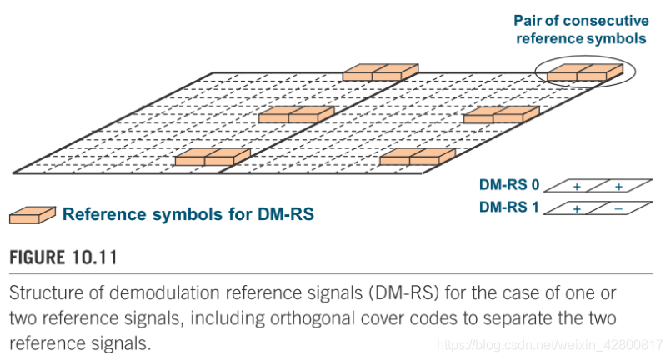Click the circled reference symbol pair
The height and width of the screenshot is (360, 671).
(x=584, y=72)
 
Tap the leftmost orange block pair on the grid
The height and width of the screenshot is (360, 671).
(x=213, y=157)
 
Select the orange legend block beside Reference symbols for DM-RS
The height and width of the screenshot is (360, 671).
(x=32, y=215)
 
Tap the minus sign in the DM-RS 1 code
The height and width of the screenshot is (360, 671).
(x=618, y=208)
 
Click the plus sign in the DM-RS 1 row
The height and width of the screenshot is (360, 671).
(x=577, y=208)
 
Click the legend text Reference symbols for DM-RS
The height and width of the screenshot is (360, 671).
(x=188, y=215)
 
